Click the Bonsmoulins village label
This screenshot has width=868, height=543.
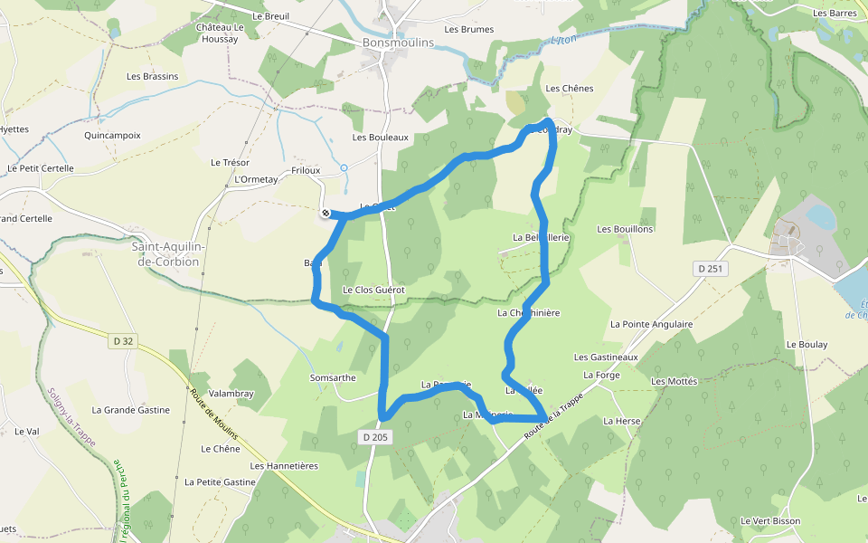(x=398, y=43)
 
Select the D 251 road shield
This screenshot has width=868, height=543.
(x=712, y=269)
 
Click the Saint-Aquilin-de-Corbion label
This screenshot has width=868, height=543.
(x=169, y=253)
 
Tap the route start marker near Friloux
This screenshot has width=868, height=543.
(x=325, y=214)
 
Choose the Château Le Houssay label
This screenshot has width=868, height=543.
(x=221, y=33)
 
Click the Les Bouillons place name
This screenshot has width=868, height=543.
(x=625, y=229)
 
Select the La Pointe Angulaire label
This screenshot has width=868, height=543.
(x=651, y=323)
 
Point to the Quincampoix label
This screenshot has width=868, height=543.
(x=112, y=135)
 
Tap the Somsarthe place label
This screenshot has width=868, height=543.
(x=333, y=377)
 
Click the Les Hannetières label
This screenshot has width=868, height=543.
(x=285, y=466)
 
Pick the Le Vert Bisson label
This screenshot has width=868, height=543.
(x=770, y=520)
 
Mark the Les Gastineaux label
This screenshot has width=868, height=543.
(x=606, y=357)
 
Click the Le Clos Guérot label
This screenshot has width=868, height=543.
(x=373, y=290)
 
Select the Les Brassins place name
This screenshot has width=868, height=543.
(x=153, y=76)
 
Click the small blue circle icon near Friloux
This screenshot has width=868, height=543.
(x=344, y=167)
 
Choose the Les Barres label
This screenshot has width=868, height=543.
(x=835, y=14)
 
